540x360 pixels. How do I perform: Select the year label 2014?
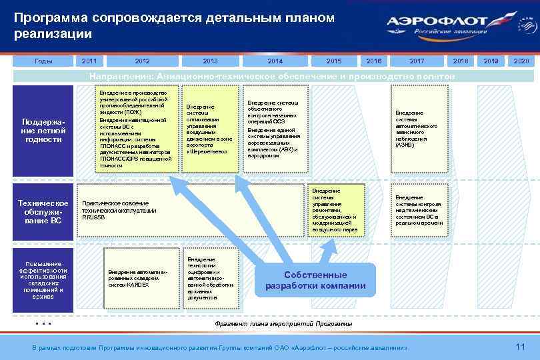[x=275, y=61]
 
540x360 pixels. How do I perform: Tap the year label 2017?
[x=417, y=61]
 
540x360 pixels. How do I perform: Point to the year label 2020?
[x=521, y=61]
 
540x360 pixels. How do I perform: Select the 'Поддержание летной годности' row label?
[x=43, y=130]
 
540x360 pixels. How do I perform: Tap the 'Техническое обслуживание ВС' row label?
[x=43, y=211]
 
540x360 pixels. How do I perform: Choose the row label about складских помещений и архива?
[x=43, y=279]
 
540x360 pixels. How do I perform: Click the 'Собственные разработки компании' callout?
[x=315, y=281]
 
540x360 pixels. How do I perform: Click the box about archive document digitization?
[x=209, y=278]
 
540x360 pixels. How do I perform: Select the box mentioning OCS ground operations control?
[x=275, y=129]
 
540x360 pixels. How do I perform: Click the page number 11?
[x=521, y=346]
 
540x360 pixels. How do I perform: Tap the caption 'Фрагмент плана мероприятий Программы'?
[x=283, y=323]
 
